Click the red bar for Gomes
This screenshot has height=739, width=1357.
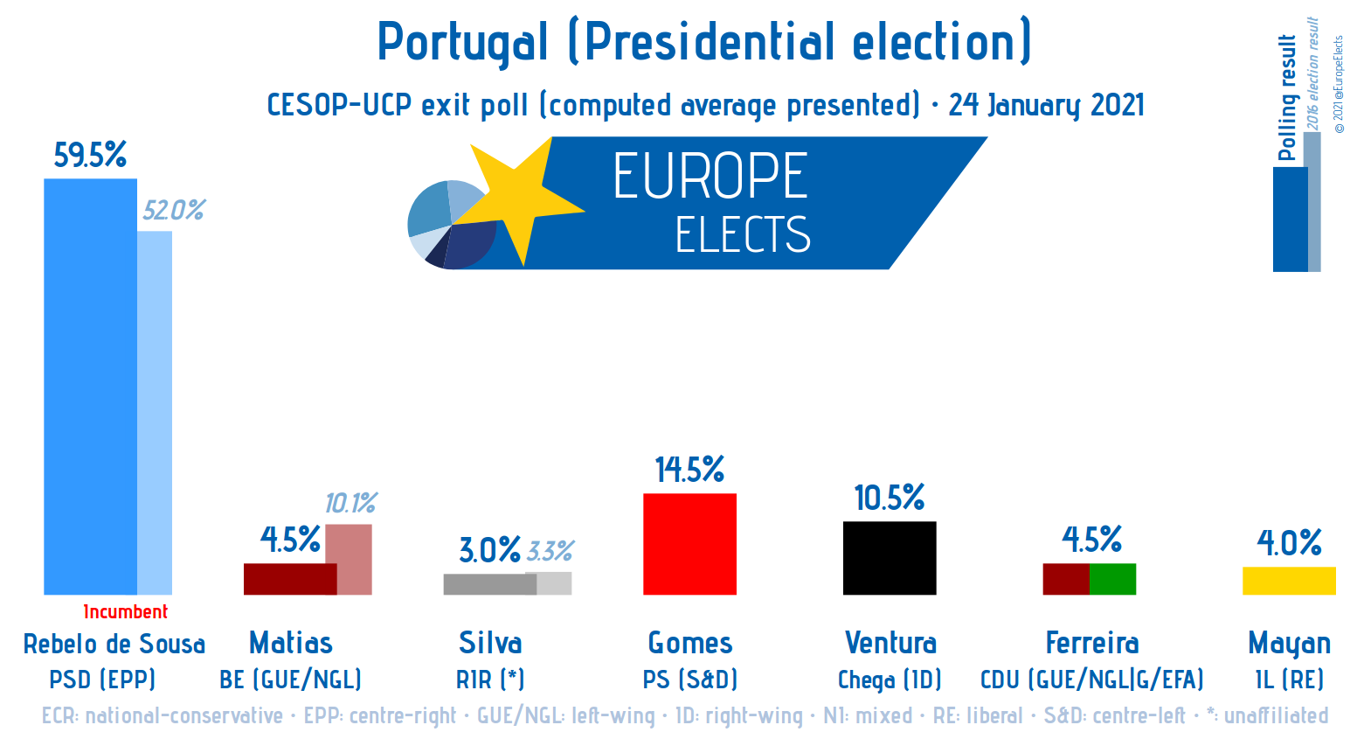(689, 544)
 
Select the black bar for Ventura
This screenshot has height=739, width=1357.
(889, 558)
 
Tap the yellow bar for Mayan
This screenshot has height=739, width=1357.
(1289, 581)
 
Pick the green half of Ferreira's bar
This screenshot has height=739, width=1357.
(1112, 579)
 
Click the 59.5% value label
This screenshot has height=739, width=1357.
(90, 156)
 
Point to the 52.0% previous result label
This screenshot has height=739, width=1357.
(173, 211)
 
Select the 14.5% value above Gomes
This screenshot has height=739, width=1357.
(689, 471)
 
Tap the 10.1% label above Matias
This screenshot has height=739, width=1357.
(350, 504)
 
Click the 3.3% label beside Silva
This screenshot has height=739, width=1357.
(550, 552)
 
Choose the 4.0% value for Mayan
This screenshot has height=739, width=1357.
(1289, 543)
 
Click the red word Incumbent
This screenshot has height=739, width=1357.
(125, 612)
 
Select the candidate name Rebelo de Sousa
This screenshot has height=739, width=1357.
(114, 645)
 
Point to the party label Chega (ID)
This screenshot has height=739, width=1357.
(890, 680)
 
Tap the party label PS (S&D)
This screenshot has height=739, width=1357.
(689, 680)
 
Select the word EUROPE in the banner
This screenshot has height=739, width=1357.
(710, 177)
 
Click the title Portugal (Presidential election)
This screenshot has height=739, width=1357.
(704, 42)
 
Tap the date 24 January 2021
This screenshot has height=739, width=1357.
(1046, 106)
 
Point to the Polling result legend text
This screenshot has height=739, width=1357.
(1286, 98)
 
